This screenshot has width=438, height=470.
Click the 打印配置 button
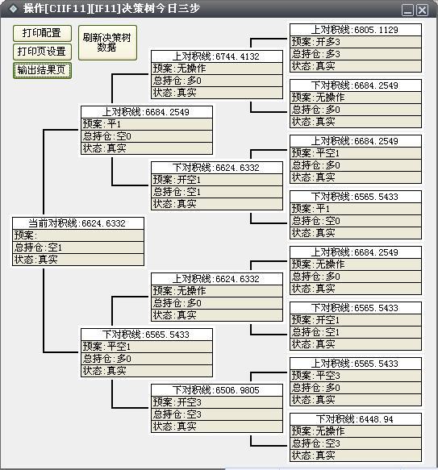coord(42,33)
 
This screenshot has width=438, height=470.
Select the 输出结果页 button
coord(42,70)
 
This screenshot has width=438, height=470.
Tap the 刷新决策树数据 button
coord(107,43)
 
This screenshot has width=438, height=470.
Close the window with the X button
coord(423,10)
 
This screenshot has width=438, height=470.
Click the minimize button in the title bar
coord(407,10)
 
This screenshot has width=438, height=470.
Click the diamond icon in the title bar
coord(13,8)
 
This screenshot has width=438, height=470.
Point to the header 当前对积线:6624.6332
coord(78,223)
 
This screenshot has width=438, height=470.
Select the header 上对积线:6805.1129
coord(356,30)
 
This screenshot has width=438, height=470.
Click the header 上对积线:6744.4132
coord(217,56)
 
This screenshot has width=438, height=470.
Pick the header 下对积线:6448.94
coord(356,419)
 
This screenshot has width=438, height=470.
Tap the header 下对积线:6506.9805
coord(217,390)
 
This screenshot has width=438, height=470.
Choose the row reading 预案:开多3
coord(356,42)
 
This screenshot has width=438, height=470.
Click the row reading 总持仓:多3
coord(356,54)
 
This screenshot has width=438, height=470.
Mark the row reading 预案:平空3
coord(356,376)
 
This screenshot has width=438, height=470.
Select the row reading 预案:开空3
coord(217,402)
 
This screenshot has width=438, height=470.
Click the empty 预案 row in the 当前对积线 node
coord(78,235)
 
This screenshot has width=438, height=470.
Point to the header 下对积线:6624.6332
coord(217,168)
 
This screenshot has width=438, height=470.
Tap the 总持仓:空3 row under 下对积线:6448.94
coord(356,443)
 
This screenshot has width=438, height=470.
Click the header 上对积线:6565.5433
coord(356,364)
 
